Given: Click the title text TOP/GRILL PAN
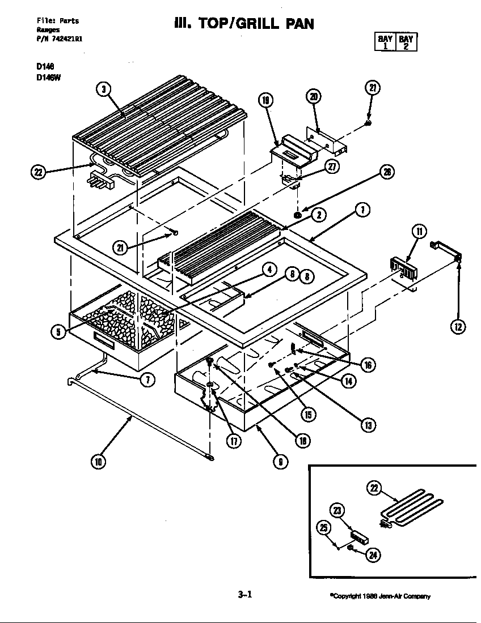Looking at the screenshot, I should click(x=243, y=24).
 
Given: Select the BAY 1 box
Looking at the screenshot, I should click(x=385, y=42).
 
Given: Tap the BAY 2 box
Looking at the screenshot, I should click(x=406, y=42).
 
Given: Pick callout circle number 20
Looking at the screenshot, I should click(x=314, y=96).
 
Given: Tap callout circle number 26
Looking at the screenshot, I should click(x=386, y=172).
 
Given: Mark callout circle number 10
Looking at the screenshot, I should click(x=98, y=462).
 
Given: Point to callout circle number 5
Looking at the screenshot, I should click(x=58, y=332).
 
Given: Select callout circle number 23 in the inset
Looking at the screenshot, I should click(x=337, y=511).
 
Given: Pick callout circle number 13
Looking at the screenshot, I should click(x=368, y=425).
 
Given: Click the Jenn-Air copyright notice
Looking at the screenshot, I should click(x=380, y=596).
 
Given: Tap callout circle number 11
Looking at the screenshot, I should click(x=419, y=231).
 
